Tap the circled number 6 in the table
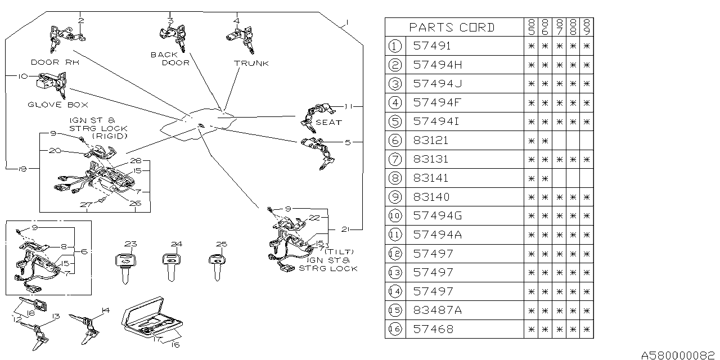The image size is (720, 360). [395, 140]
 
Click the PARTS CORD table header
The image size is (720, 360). [452, 27]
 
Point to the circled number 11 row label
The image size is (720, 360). [395, 235]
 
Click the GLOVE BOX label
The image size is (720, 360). [58, 105]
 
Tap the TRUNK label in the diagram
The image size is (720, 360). [251, 63]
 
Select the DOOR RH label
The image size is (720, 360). [55, 62]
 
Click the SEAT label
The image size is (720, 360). [328, 122]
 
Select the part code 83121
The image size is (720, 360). [431, 140]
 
